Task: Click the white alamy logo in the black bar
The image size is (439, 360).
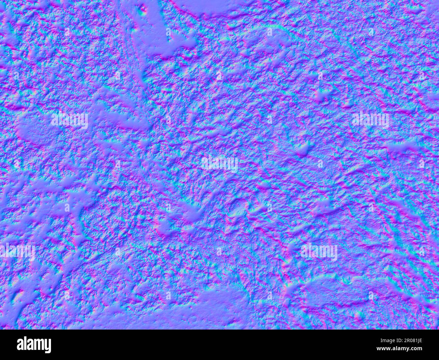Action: (34, 344)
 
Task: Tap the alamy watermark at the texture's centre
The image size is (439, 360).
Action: (219, 164)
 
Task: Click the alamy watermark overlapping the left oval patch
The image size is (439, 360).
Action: (70, 120)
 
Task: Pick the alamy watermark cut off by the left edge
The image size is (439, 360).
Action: (17, 252)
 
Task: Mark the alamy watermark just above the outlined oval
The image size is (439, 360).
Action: (319, 252)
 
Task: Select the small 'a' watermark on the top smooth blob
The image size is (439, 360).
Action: (168, 32)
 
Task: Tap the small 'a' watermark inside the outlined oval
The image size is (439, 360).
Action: (371, 295)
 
